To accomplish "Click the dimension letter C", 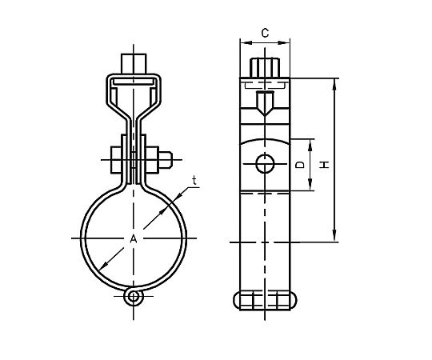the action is click(265, 33).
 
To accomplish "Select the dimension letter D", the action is click(300, 165).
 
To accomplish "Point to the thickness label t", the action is click(194, 181).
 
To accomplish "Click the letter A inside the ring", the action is click(134, 239).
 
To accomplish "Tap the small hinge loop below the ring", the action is click(134, 297).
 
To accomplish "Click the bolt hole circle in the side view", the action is click(265, 164).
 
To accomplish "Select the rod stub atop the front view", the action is click(134, 64).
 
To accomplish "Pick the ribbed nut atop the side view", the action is click(265, 68).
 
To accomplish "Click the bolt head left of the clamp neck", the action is click(116, 160).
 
